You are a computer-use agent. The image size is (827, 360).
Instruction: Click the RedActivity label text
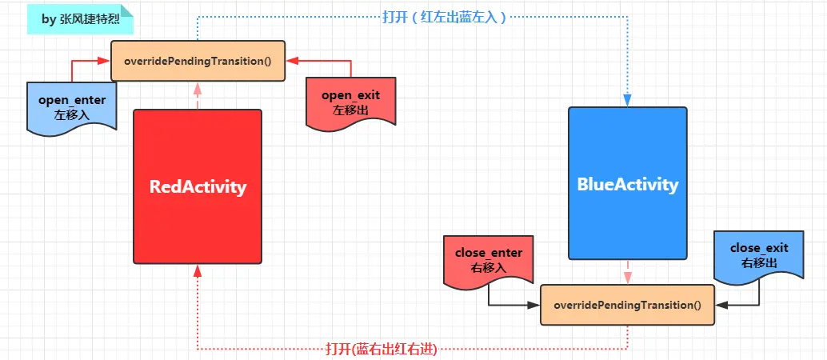[198, 187]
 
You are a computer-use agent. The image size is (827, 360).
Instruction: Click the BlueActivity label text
[627, 185]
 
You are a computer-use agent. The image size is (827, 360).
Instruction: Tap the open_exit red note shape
[350, 102]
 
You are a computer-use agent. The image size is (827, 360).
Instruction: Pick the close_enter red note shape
[488, 258]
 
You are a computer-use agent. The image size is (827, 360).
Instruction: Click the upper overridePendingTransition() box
[197, 60]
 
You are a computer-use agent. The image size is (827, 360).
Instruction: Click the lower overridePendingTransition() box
[627, 305]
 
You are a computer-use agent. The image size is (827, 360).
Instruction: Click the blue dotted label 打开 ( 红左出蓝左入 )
[444, 17]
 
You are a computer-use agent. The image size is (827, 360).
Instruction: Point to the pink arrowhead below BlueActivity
[627, 277]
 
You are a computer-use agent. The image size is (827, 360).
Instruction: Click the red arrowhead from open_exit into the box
[291, 60]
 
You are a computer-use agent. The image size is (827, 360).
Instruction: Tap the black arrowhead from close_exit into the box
[721, 305]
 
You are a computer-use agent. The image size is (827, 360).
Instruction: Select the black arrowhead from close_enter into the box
[534, 305]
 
